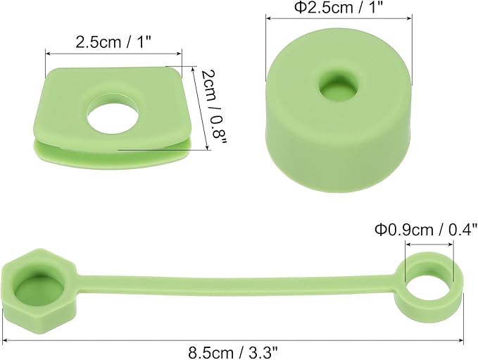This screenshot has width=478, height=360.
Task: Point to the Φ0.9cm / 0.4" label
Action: (426, 229)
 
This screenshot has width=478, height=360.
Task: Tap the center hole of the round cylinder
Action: (336, 88)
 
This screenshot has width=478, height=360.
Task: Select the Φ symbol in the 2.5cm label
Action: (278, 9)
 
